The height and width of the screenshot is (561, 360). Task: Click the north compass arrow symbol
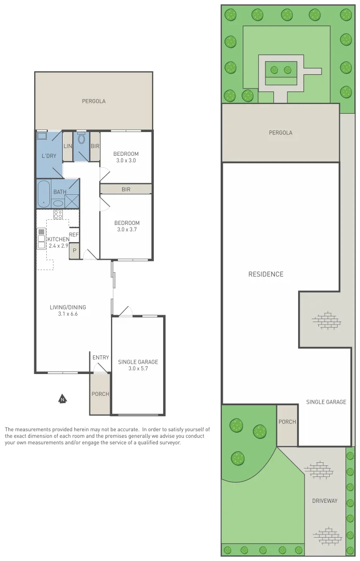[x=62, y=399]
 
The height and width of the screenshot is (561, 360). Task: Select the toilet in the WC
[x=81, y=139]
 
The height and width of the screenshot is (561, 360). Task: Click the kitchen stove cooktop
[x=58, y=214]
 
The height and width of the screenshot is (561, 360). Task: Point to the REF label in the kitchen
[x=74, y=234]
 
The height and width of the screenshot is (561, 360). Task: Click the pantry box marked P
[x=74, y=250]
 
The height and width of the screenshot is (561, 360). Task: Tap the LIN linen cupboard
[x=68, y=146]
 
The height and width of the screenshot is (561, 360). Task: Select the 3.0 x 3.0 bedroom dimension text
[x=126, y=161]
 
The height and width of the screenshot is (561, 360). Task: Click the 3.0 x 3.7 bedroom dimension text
[x=127, y=230]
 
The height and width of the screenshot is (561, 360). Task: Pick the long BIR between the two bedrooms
[x=126, y=189]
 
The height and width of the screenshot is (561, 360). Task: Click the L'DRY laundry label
[x=49, y=156]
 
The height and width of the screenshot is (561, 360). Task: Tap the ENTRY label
[x=100, y=357]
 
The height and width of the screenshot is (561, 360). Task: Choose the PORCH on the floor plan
[x=100, y=394]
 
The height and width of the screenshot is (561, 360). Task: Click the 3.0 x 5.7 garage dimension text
[x=138, y=369]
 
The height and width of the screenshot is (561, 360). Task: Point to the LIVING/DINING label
[x=68, y=307]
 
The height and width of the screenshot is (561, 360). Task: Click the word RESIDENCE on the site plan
[x=265, y=274]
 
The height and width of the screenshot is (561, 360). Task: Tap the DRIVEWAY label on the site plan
[x=325, y=501]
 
